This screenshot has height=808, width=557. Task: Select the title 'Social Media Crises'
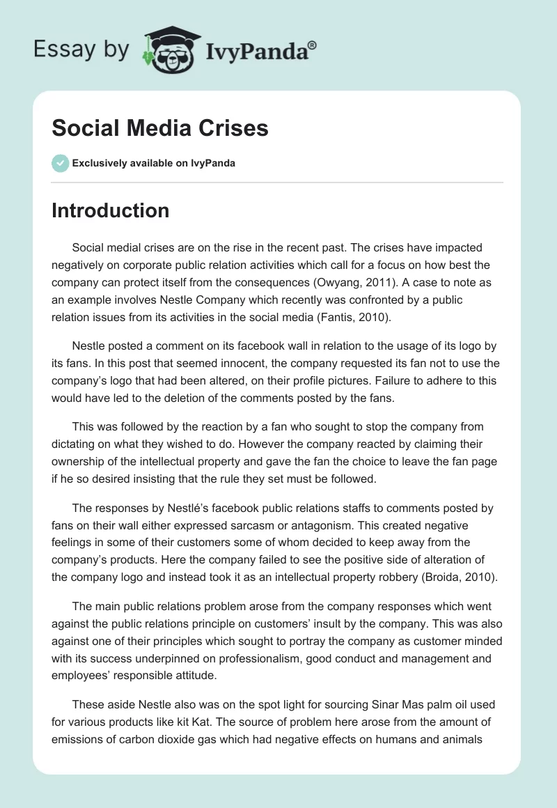[x=160, y=129]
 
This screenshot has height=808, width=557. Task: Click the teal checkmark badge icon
[x=60, y=163]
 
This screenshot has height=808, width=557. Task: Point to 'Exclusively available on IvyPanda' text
[x=153, y=163]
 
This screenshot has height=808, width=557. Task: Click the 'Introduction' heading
[x=110, y=210]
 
